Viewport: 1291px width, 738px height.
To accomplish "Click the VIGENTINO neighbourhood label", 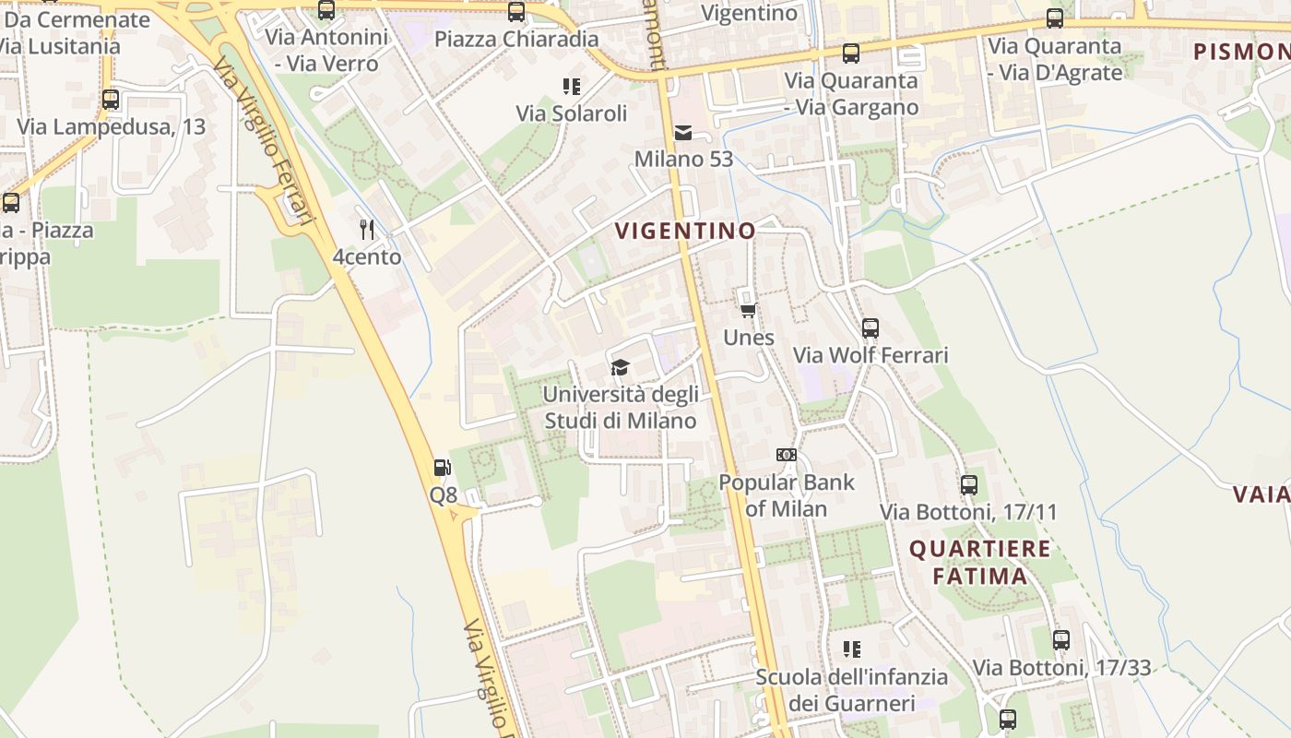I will [685, 231].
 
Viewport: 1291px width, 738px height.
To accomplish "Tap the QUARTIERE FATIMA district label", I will [979, 563].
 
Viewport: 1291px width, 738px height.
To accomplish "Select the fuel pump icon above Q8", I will [443, 468].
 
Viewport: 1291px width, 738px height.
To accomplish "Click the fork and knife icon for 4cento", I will [367, 229].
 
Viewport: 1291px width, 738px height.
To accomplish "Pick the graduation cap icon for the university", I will [620, 368].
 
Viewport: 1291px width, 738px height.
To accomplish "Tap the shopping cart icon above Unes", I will [749, 310].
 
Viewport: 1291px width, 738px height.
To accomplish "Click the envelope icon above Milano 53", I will [683, 132].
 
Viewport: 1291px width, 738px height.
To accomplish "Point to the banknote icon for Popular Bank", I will [787, 455].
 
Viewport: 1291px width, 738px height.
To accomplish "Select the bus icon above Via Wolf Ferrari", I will [871, 327].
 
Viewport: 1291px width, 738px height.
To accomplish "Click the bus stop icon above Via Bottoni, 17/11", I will [968, 484].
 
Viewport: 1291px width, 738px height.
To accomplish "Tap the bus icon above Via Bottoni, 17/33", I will [1061, 639].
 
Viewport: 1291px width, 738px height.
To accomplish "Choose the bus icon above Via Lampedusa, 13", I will [111, 99].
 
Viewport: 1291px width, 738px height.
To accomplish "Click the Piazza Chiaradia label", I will [516, 40].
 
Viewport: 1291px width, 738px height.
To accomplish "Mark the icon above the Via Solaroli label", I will [572, 87].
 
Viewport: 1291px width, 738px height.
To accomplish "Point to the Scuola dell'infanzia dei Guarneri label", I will [851, 690].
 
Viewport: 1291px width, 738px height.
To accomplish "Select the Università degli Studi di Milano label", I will [620, 407].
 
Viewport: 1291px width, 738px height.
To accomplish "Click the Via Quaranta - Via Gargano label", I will [851, 94].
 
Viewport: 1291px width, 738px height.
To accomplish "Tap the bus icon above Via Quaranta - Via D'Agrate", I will [1054, 18].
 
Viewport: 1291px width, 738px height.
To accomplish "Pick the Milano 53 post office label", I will [683, 159].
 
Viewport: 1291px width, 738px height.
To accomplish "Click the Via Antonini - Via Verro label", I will [326, 51].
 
